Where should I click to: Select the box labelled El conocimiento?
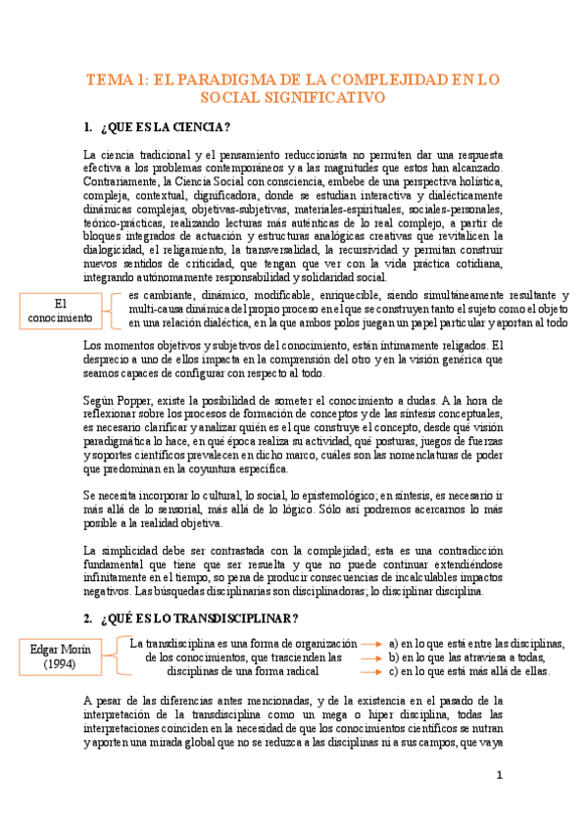click(x=60, y=311)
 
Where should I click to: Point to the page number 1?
click(x=499, y=776)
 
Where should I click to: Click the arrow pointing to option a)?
click(x=372, y=643)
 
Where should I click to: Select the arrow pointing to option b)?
click(x=372, y=658)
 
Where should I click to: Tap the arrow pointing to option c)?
click(x=372, y=671)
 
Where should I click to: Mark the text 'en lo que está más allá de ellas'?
click(x=475, y=671)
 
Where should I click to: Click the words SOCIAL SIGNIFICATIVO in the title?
click(x=293, y=98)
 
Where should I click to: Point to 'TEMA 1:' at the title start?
click(x=116, y=80)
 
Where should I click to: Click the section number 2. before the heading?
click(x=88, y=618)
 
